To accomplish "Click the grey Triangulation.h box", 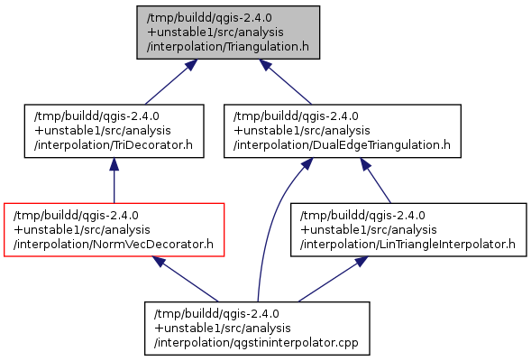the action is click(x=228, y=32).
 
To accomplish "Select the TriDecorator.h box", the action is click(x=114, y=131).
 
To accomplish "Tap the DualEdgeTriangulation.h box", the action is click(x=343, y=131).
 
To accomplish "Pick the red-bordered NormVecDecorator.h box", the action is click(x=114, y=230).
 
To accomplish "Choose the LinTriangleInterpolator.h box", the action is click(x=408, y=230).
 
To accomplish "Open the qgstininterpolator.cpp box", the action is click(x=257, y=329).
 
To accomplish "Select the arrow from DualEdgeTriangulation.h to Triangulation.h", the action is click(x=285, y=82).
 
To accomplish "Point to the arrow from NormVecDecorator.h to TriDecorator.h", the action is click(x=114, y=180).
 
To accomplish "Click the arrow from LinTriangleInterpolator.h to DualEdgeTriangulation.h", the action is click(x=376, y=180).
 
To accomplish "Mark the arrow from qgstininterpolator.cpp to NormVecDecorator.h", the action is click(x=185, y=279).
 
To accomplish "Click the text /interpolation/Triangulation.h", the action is click(x=228, y=46).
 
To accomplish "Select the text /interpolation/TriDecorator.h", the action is click(x=114, y=145).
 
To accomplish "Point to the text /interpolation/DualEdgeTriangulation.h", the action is click(x=342, y=145).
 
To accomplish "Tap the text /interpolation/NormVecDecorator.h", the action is click(x=114, y=244).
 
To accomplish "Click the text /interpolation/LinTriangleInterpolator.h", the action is click(x=407, y=244).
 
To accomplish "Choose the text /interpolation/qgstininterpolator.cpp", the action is click(x=256, y=343).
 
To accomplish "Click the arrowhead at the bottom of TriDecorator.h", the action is click(x=114, y=164).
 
